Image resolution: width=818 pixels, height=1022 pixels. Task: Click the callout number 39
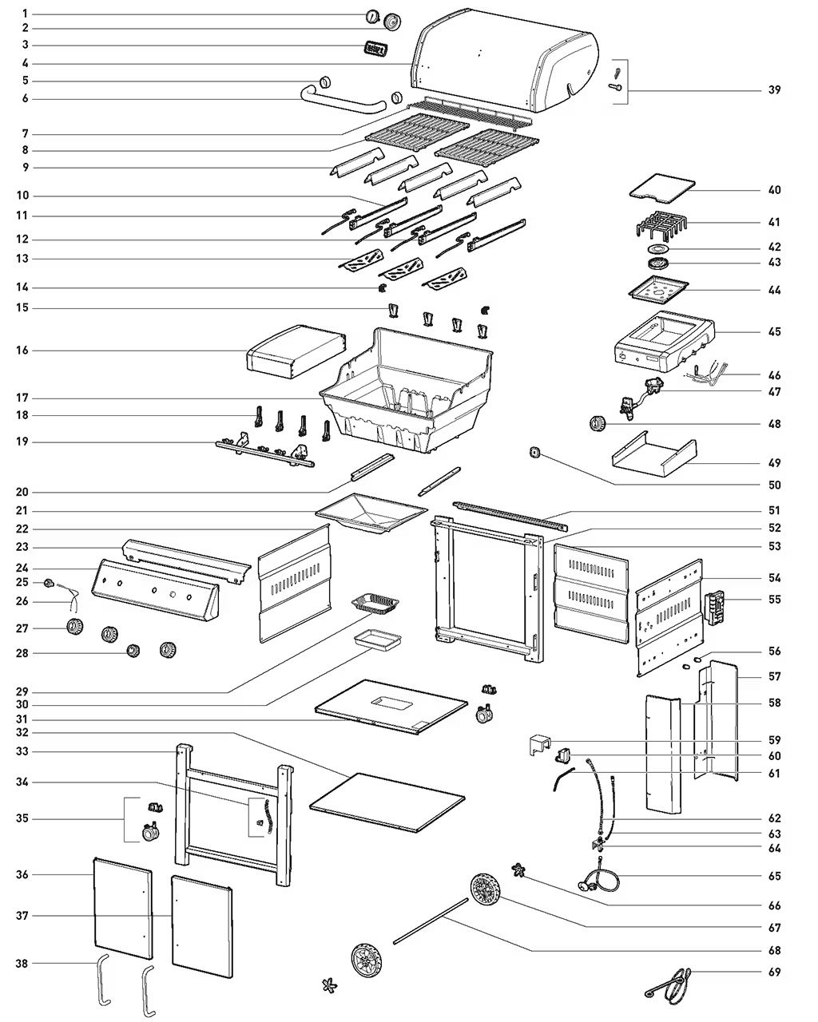click(774, 89)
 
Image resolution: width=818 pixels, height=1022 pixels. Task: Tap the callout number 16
click(22, 350)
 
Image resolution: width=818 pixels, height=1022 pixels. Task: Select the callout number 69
click(774, 972)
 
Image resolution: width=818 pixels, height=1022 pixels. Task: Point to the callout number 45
click(774, 331)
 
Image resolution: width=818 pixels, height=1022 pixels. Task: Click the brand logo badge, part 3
click(375, 49)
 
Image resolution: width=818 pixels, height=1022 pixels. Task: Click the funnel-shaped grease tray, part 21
click(371, 513)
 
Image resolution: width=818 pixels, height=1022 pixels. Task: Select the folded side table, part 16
click(296, 351)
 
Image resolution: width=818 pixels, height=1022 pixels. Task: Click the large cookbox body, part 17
click(407, 390)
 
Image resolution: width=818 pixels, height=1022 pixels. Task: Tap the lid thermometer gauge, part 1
click(372, 17)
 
